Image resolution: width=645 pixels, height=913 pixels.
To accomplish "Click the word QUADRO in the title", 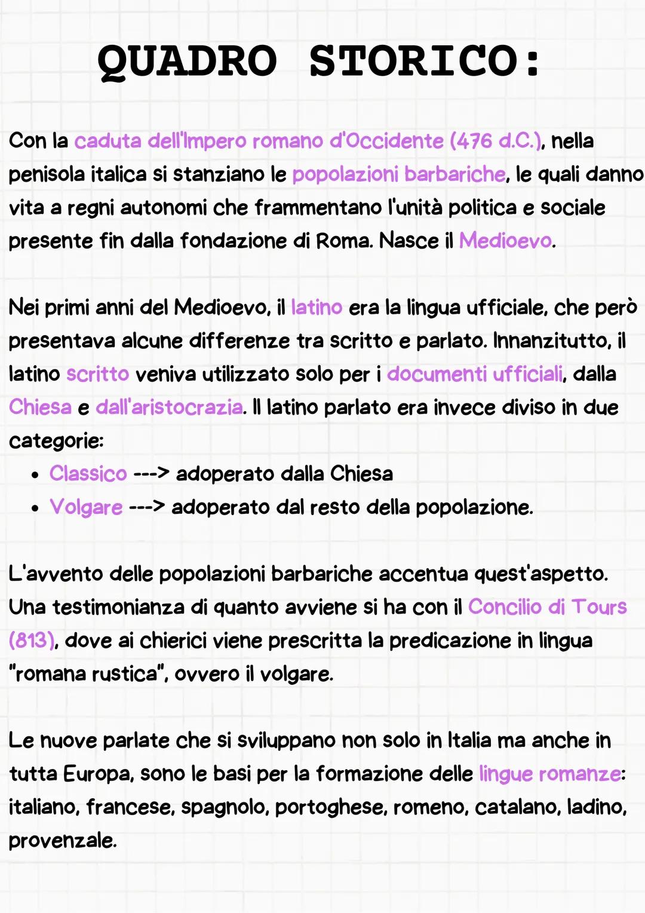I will pos(187,61).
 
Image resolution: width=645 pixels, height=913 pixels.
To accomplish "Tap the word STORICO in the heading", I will pos(413,61).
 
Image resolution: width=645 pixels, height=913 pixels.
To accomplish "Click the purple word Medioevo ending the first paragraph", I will pos(505,241).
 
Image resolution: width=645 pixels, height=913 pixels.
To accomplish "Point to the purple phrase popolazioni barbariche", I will pos(398,174).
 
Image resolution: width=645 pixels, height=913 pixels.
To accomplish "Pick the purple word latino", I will pos(316,307).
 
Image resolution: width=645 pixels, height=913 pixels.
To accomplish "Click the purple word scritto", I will pos(97,374).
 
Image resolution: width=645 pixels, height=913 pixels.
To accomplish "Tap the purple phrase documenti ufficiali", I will pos(475,374).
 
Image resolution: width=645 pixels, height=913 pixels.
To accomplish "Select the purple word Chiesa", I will pos(40,408).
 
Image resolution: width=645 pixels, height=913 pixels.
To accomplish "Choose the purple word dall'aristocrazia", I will pos(169,408).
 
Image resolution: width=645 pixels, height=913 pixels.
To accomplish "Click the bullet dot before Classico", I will pos(36,476).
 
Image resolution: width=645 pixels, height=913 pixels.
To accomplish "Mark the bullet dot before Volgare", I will pos(36,509).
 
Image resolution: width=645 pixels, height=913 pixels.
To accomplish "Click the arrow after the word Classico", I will pos(151,474).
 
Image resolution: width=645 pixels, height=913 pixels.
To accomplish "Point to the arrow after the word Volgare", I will pos(147,507).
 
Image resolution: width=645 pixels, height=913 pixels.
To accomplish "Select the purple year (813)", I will pos(32,641).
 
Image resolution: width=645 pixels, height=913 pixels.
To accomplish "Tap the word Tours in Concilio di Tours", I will pos(599,607).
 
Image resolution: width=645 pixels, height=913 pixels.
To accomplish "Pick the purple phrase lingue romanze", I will pos(549,774).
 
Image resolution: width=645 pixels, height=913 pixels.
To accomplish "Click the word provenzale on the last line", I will pos(62,841).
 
